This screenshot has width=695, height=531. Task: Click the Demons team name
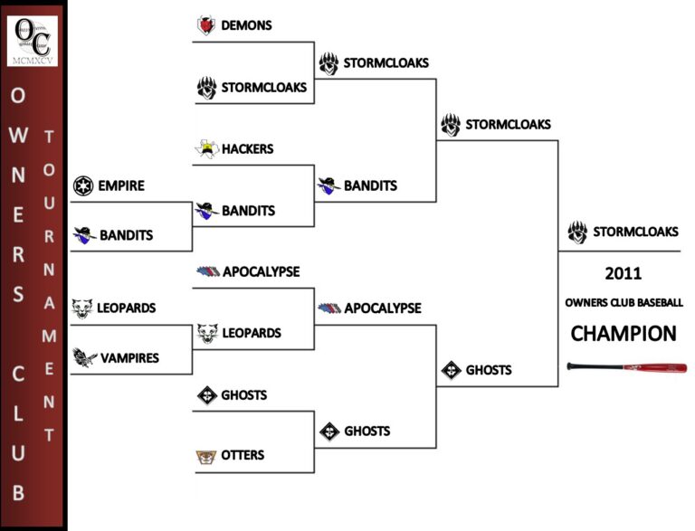tap(246, 25)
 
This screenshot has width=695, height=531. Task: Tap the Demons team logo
tap(205, 25)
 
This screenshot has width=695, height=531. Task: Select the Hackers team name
tap(247, 148)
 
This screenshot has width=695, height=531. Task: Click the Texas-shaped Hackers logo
tap(206, 149)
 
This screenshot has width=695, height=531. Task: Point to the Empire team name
tap(121, 185)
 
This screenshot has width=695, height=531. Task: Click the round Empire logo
tap(84, 185)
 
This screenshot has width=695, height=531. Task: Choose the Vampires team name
tap(129, 358)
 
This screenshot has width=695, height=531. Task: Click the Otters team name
tap(243, 455)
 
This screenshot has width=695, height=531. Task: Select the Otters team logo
tap(206, 456)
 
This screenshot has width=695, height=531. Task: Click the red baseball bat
tap(626, 367)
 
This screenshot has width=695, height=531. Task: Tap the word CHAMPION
tap(623, 334)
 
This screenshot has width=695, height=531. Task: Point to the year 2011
tap(623, 272)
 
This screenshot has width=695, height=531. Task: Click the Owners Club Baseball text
tap(623, 302)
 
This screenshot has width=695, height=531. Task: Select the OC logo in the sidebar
tap(33, 39)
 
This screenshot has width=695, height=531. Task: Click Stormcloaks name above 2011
tap(635, 232)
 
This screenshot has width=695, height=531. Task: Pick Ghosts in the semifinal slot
tap(489, 369)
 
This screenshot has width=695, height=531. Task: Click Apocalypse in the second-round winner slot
tap(382, 308)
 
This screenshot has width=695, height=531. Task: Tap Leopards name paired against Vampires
tap(127, 308)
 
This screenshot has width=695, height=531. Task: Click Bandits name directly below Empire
tap(126, 235)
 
